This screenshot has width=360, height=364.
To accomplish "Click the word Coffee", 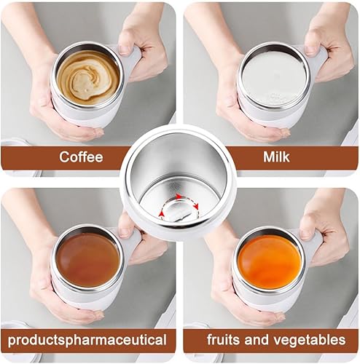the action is pyautogui.click(x=81, y=157).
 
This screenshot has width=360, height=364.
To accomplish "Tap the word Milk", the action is pyautogui.click(x=276, y=157).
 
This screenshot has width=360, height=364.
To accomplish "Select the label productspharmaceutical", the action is pyautogui.click(x=87, y=340).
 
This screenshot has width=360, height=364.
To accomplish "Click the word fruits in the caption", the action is pyautogui.click(x=224, y=339).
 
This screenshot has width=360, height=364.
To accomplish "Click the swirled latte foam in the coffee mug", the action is pyautogui.click(x=88, y=78).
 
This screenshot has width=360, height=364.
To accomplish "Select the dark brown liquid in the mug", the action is pyautogui.click(x=88, y=260).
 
